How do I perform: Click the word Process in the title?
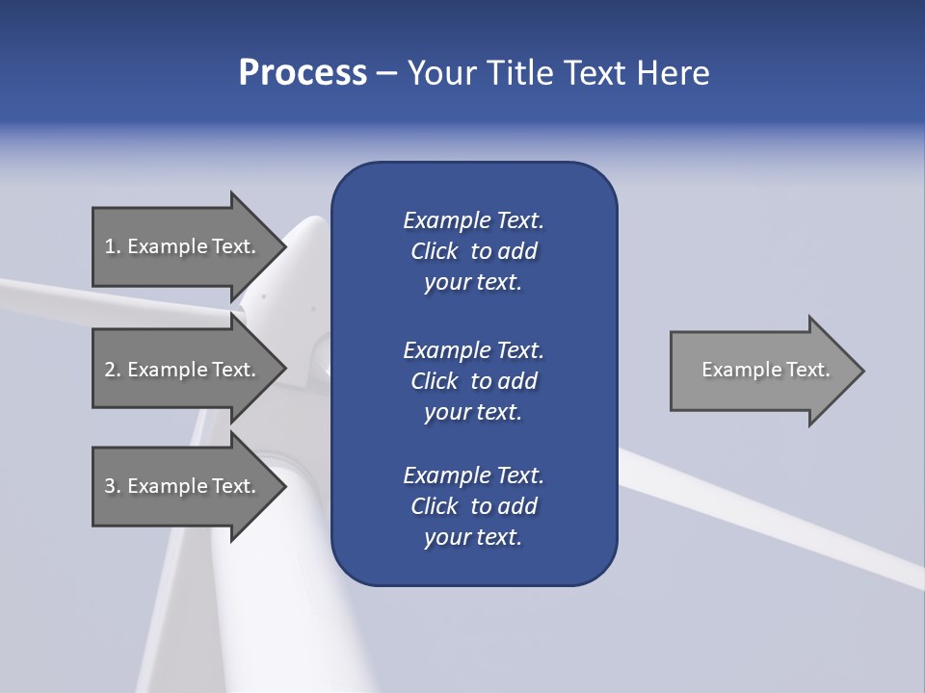tap(303, 73)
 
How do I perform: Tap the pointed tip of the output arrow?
tap(861, 370)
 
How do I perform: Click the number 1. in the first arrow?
tap(112, 246)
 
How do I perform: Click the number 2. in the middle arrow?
tap(112, 370)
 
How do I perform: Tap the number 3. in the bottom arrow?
tap(112, 486)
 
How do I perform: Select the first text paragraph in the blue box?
tap(473, 251)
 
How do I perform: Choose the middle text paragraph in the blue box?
tap(473, 381)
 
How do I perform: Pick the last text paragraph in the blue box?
tap(473, 506)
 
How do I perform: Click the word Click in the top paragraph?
tap(434, 251)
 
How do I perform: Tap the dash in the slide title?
tap(387, 73)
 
